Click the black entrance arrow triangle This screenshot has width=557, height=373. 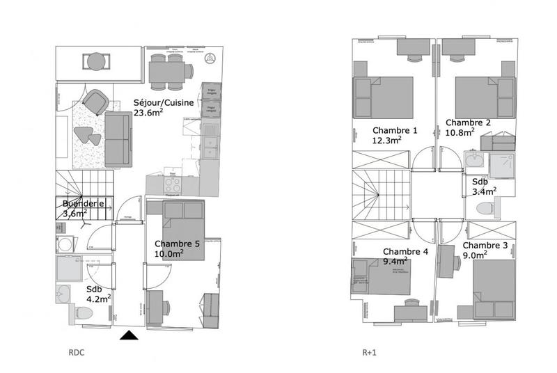point(130,336)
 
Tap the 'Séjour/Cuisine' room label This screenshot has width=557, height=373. point(164,103)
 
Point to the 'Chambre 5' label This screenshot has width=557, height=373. point(177,244)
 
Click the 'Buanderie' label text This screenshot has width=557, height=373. point(84,203)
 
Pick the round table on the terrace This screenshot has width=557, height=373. point(95,63)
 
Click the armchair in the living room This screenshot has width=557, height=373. point(95,102)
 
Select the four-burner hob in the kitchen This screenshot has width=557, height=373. point(172,185)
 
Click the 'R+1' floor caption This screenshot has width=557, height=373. point(370,353)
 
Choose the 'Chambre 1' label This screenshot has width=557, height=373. point(395,131)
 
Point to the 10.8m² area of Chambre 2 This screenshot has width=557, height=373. point(460,132)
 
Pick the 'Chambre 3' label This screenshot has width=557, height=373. point(485,246)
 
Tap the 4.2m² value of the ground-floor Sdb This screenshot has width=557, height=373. point(99,299)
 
